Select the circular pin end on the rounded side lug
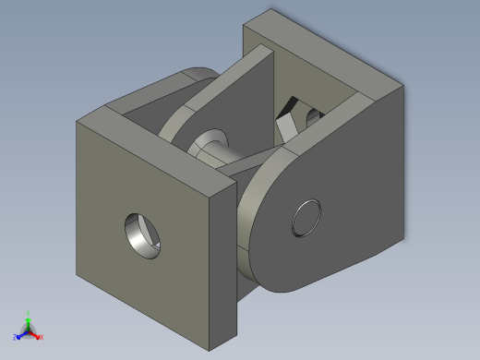coord(306,219)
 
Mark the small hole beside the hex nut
coord(314,115)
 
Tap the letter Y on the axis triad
coord(28,313)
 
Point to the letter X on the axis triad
coord(42,337)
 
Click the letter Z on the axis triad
coord(15,336)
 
